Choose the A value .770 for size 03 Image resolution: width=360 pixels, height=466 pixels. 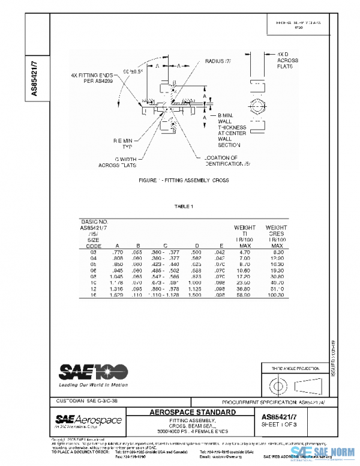point(118,253)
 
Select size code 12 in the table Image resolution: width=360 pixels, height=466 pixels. point(93,288)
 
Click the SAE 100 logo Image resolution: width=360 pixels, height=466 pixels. point(85,370)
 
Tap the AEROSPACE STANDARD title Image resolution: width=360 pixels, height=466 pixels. point(192,413)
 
